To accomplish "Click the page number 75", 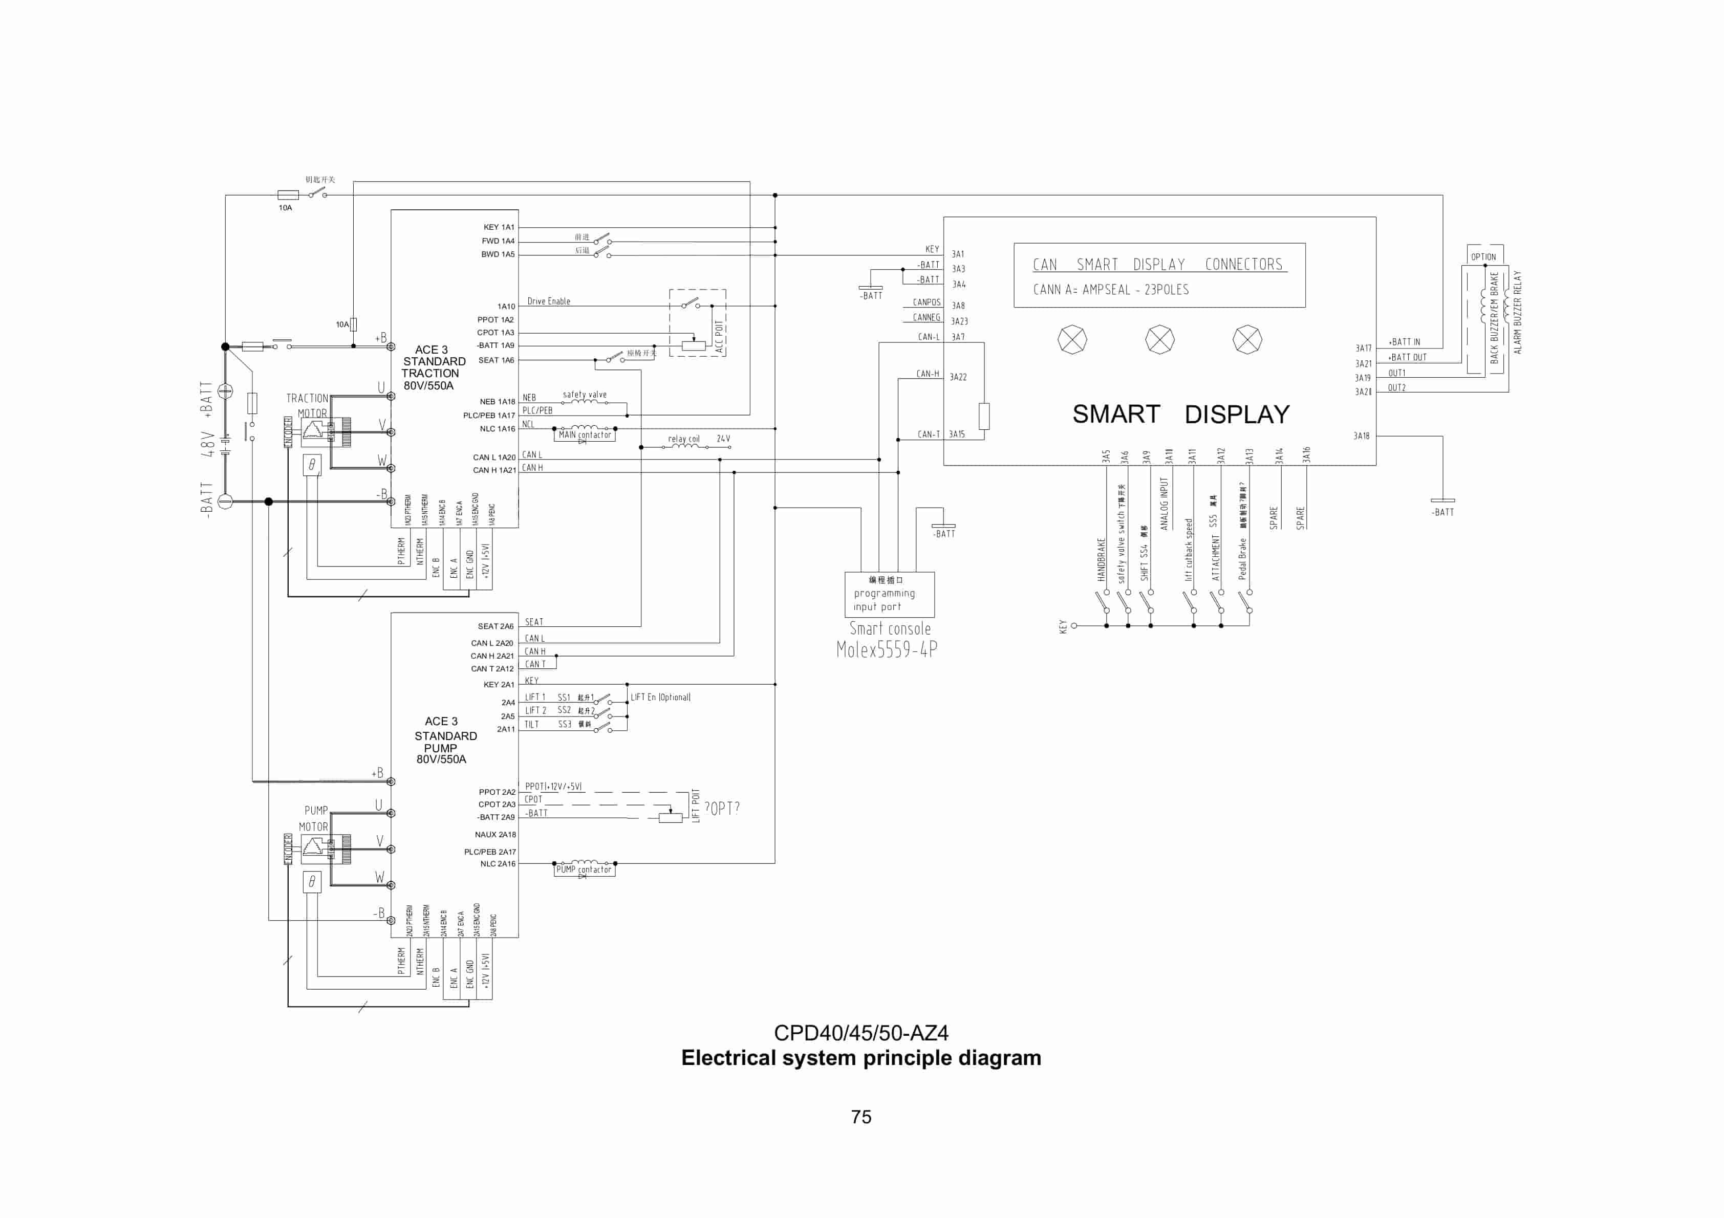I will click(861, 1117).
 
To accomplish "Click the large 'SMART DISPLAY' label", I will click(1180, 414).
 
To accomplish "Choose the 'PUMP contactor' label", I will click(584, 869).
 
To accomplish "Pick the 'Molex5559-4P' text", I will click(887, 649).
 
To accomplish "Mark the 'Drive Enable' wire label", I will click(548, 301).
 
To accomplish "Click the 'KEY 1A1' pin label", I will click(499, 227).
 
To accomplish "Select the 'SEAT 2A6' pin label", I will click(495, 626).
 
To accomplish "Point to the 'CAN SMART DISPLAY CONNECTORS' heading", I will click(1158, 264).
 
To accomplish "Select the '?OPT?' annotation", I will click(722, 808).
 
